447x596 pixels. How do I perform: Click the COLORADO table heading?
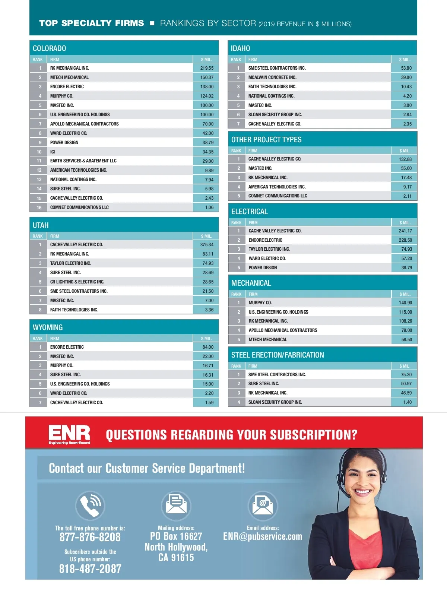point(50,48)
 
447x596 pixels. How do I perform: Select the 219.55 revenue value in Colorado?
point(207,68)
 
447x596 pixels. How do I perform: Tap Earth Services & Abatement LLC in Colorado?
point(83,161)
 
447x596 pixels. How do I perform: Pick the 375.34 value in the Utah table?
point(207,245)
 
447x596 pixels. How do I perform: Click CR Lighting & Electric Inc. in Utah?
point(77,282)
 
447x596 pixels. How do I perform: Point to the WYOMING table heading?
point(48,327)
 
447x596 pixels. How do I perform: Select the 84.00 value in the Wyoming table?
point(208,347)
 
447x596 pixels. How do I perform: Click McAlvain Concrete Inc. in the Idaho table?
point(272,77)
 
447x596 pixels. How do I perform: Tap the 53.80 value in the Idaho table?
point(406,68)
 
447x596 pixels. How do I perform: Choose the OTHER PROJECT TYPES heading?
point(266,140)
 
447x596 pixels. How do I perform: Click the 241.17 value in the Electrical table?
point(405,231)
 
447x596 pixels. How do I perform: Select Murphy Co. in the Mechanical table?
point(260,303)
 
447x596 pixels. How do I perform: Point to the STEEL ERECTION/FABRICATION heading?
point(278,355)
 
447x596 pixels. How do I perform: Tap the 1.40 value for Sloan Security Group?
point(407,402)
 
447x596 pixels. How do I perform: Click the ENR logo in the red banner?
point(69,434)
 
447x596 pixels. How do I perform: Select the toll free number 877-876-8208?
point(90,537)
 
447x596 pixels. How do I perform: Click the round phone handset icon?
point(90,505)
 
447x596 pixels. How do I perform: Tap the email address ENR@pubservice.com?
point(263,536)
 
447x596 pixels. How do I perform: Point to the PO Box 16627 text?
point(176,536)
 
